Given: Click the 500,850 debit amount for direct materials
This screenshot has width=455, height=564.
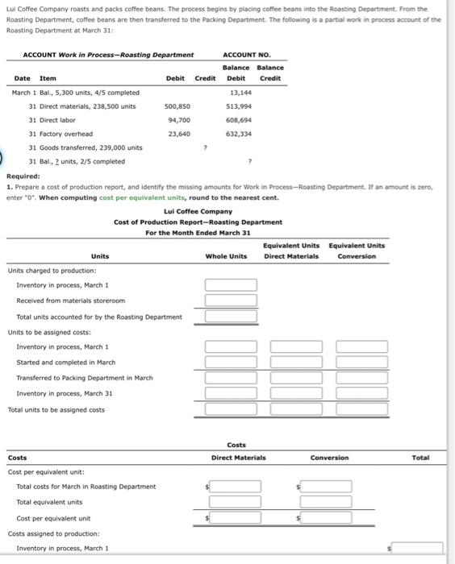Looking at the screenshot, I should coord(177,106).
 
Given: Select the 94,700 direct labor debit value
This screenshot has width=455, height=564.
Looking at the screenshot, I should coord(177,119).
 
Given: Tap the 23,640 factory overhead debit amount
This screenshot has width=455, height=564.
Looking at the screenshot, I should coord(177,133).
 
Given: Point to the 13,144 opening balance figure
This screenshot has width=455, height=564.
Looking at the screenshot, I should coord(241,92).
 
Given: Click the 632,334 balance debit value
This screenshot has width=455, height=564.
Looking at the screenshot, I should coord(239,133).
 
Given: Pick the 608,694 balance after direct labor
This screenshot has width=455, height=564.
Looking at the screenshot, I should coord(239,119).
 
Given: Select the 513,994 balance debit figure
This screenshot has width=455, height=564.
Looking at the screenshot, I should coord(239,106).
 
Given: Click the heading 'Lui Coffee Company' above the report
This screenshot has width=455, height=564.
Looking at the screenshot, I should coord(198,212).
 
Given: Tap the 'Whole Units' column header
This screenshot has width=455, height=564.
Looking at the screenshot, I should coord(227,256).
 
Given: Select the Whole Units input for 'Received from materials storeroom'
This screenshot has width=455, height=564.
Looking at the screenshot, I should coord(231,301).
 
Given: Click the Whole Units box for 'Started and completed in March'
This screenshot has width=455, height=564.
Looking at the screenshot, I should coord(231,363).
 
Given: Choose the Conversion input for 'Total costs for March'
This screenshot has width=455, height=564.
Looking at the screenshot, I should coord(326,487).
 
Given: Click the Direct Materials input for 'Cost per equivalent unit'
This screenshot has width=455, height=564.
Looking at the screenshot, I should coord(236,518).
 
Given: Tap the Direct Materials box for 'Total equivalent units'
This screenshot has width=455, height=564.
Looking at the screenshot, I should coord(236,502).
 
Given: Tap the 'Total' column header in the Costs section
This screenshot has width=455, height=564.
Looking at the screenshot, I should coord(420,458).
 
